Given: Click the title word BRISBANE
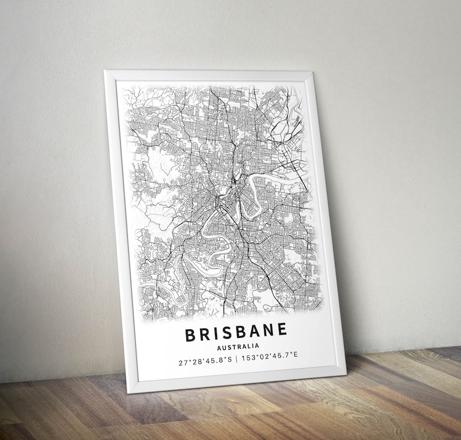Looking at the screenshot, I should pyautogui.click(x=236, y=332).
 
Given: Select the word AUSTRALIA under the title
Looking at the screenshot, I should pyautogui.click(x=237, y=347).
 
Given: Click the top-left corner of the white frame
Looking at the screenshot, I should pyautogui.click(x=105, y=71).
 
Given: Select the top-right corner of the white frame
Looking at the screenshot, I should pyautogui.click(x=312, y=72).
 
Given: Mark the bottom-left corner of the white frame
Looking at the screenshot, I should pyautogui.click(x=128, y=392).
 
